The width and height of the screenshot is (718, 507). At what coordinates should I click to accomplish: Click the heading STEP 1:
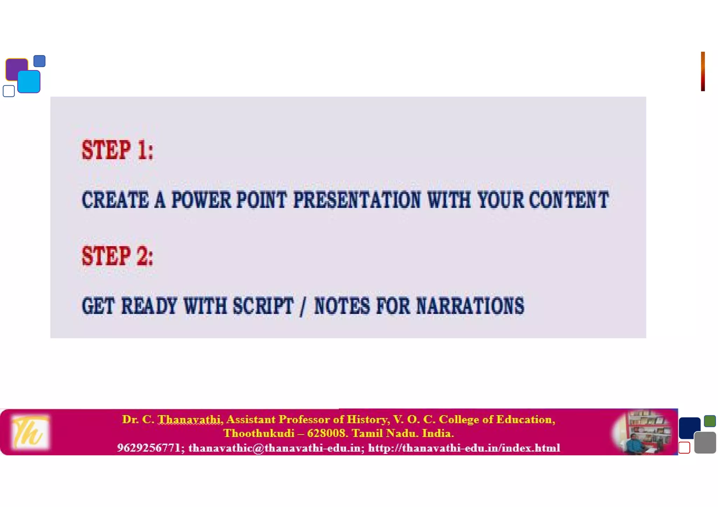coord(117,150)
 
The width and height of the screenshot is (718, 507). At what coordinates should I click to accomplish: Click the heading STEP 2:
coord(117,256)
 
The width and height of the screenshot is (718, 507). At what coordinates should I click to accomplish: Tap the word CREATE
coord(115,200)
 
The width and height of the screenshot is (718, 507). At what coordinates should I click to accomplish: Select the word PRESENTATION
coord(357,200)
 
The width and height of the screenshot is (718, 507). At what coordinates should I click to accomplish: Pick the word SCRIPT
coord(263,306)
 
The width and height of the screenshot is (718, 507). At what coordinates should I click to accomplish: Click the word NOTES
coord(342,306)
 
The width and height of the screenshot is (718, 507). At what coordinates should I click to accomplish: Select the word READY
coord(149,306)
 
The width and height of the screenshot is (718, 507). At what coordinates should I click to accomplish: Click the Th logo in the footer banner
coord(29,432)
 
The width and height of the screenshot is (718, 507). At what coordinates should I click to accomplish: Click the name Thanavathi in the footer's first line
coord(189,419)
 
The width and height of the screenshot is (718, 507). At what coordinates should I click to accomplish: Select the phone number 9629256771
coord(149,448)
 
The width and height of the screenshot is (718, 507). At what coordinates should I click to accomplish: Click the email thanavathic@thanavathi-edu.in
coord(275,448)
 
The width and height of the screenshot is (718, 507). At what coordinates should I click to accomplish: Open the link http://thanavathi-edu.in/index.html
coord(464,448)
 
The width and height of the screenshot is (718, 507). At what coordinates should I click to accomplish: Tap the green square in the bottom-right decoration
coord(710,421)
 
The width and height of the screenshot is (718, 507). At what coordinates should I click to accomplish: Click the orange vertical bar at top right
coord(703,71)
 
